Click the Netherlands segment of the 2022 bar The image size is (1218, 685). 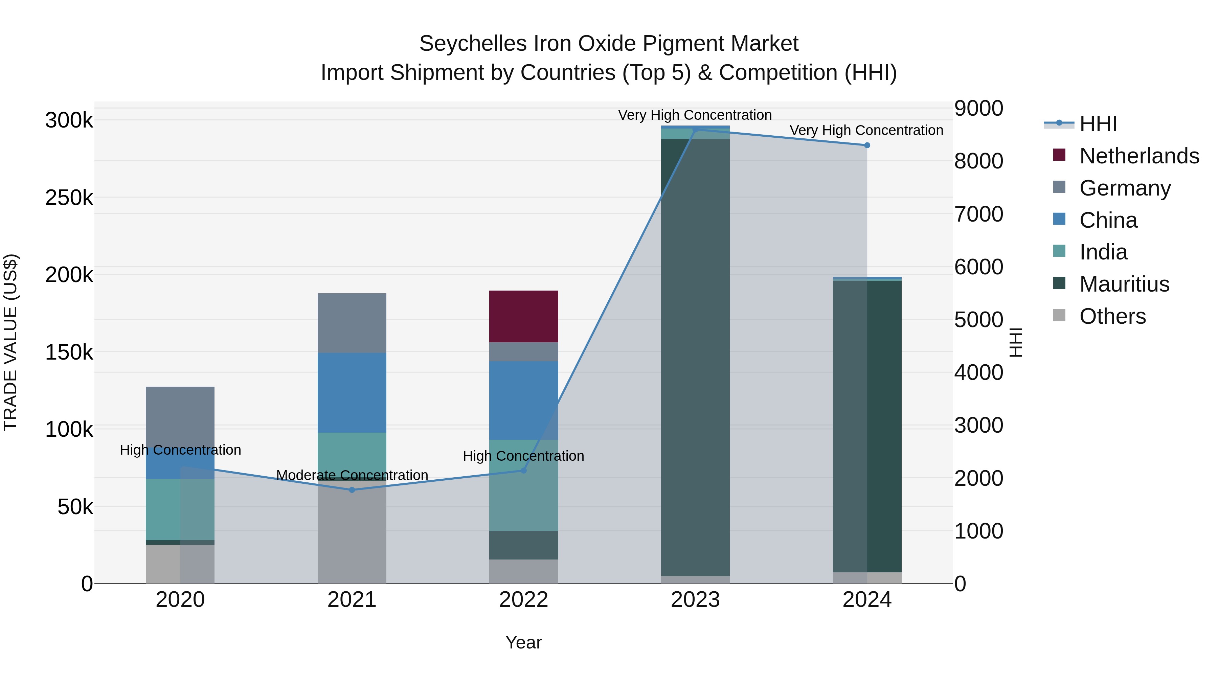(523, 316)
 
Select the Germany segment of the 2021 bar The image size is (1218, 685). (352, 323)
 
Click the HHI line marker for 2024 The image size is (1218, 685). (867, 145)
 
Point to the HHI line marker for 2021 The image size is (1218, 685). (352, 490)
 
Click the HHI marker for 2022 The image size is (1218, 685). (523, 471)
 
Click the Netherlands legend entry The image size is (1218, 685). (1138, 156)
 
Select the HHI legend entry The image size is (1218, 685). (1098, 124)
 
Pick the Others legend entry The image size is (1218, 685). (1112, 316)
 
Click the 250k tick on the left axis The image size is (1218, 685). (69, 198)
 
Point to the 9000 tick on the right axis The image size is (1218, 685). (978, 108)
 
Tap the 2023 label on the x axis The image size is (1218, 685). (695, 600)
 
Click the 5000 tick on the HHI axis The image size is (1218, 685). (978, 320)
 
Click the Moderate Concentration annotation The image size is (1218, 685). (352, 475)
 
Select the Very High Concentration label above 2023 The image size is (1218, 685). (695, 115)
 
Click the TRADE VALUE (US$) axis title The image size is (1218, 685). (10, 342)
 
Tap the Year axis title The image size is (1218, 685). (523, 642)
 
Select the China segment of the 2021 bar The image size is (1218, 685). (352, 392)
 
